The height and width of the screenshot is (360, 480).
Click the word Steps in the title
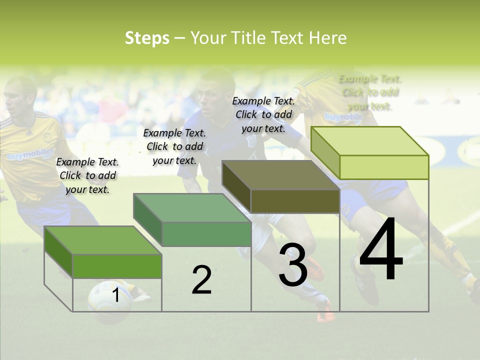pyautogui.click(x=147, y=38)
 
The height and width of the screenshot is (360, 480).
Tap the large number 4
pyautogui.click(x=381, y=249)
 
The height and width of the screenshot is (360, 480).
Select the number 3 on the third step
pyautogui.click(x=293, y=265)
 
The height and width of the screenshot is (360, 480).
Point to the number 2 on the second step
pyautogui.click(x=201, y=280)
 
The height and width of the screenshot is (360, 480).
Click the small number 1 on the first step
pyautogui.click(x=116, y=295)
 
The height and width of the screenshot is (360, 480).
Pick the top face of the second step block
pyautogui.click(x=192, y=208)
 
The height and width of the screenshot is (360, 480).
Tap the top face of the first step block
pyautogui.click(x=103, y=240)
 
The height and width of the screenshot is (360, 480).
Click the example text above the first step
pyautogui.click(x=87, y=175)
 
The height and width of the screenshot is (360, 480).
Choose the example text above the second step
pyautogui.click(x=174, y=146)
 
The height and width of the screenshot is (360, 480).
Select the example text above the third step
pyautogui.click(x=263, y=114)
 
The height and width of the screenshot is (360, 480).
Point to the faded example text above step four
pyautogui.click(x=370, y=92)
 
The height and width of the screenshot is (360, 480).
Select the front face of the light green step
pyautogui.click(x=384, y=167)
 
